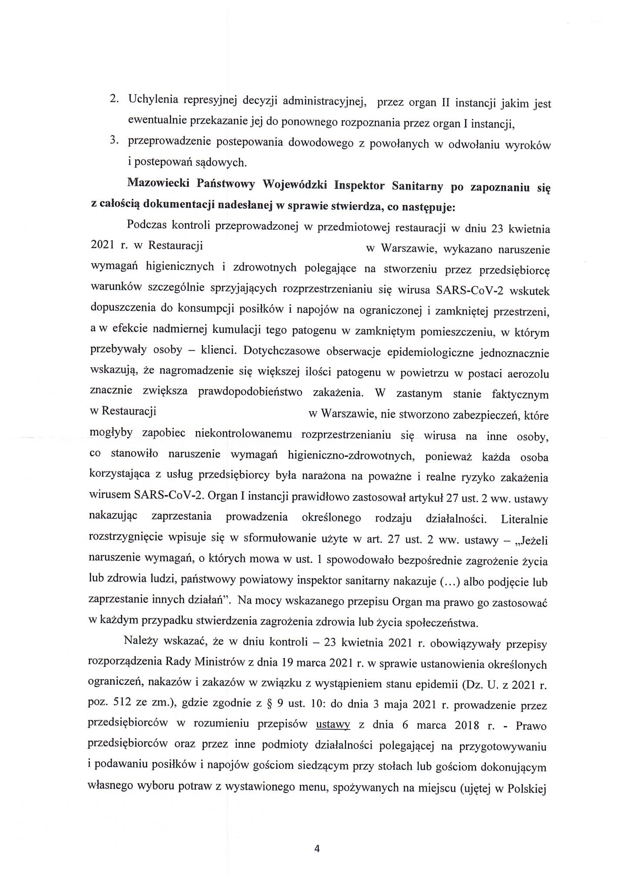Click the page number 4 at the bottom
(317, 848)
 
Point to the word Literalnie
(525, 519)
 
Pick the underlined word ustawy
(333, 725)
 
